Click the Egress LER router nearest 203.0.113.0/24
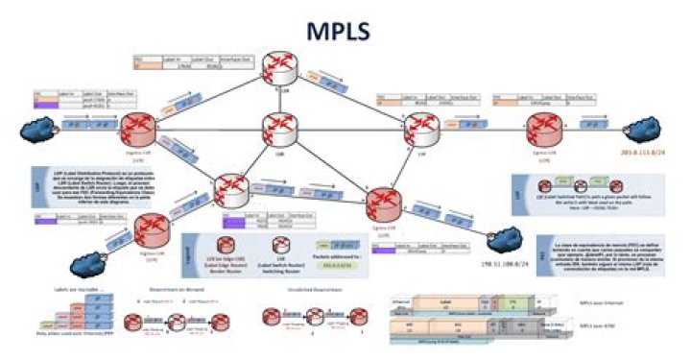544,128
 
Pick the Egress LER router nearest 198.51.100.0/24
387,203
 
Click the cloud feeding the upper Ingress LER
40,127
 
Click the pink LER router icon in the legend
229,245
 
